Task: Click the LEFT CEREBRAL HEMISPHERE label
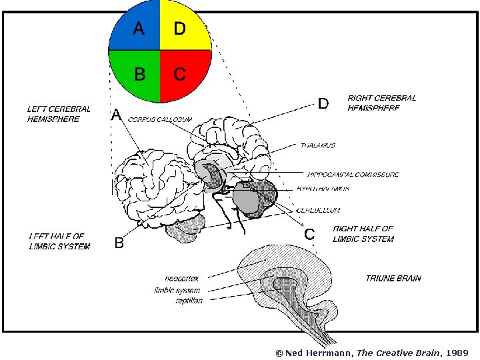pos(59,113)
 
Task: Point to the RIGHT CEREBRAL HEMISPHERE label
pos(381,103)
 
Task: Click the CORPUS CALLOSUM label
pos(160,119)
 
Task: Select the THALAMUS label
pos(317,145)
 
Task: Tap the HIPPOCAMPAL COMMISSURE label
pos(353,175)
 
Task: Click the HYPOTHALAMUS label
pos(323,189)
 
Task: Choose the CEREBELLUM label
pos(321,209)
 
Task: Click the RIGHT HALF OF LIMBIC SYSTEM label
pos(363,233)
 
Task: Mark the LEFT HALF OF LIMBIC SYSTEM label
pos(59,241)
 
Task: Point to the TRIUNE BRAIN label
pos(393,278)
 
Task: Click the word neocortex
pos(181,278)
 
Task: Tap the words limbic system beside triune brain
pos(177,290)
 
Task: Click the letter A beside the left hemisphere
pos(116,115)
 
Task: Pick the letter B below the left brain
pos(119,243)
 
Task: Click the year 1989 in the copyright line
pos(457,353)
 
